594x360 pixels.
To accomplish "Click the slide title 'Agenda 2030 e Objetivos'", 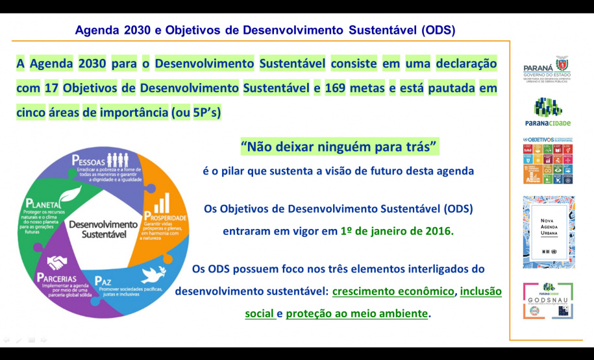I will point(265,30).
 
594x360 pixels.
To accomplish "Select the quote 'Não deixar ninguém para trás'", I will point(339,147).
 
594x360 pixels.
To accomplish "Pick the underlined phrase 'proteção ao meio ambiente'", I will point(357,313).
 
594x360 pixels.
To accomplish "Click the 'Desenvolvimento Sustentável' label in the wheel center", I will point(103,229).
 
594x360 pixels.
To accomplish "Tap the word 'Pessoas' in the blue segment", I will point(90,160).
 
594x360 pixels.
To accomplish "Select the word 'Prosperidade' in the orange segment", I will point(166,217).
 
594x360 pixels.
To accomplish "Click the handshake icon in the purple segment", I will point(58,262).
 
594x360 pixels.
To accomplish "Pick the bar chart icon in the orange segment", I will point(162,200).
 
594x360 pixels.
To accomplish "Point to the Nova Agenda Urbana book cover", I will point(549,232).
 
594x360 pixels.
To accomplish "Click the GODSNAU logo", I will point(549,300).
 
